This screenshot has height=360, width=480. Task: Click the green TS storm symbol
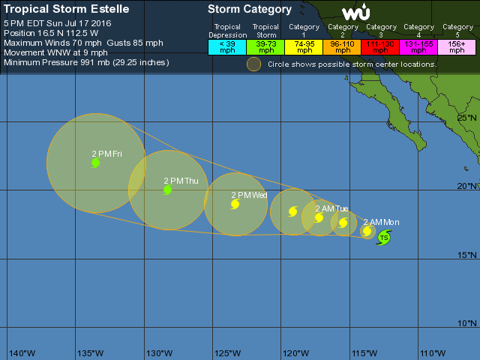[x=384, y=238]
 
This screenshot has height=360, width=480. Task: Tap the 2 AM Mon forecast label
[x=381, y=222]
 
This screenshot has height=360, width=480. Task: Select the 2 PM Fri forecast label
[x=106, y=154]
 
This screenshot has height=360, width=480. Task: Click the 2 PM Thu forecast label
[x=181, y=181]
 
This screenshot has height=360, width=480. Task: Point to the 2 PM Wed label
[x=249, y=195]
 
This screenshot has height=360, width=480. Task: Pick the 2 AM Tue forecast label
[x=331, y=208]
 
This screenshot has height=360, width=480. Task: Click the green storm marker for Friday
[x=95, y=163]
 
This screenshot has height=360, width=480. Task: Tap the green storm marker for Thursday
[x=167, y=190]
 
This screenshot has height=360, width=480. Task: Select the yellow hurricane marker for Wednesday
[x=235, y=204]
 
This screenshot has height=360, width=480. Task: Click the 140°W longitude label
[x=22, y=352]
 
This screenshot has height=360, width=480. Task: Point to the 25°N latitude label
[x=467, y=118]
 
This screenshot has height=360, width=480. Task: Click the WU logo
[x=355, y=13]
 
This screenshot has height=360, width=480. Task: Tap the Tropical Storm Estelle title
[x=67, y=10]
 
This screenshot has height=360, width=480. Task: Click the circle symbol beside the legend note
[x=254, y=64]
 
